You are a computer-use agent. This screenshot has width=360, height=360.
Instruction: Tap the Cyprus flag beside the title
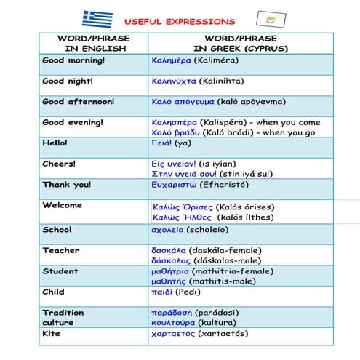(x=271, y=20)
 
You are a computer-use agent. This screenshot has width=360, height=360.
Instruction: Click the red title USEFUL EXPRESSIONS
(x=180, y=22)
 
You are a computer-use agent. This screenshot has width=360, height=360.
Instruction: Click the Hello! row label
(x=55, y=143)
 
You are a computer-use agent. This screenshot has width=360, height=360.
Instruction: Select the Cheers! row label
(x=59, y=164)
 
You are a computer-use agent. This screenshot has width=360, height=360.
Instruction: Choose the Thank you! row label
(x=66, y=185)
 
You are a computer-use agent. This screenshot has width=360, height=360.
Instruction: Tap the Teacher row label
(x=60, y=251)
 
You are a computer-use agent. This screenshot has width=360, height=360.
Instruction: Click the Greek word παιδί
(x=162, y=292)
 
